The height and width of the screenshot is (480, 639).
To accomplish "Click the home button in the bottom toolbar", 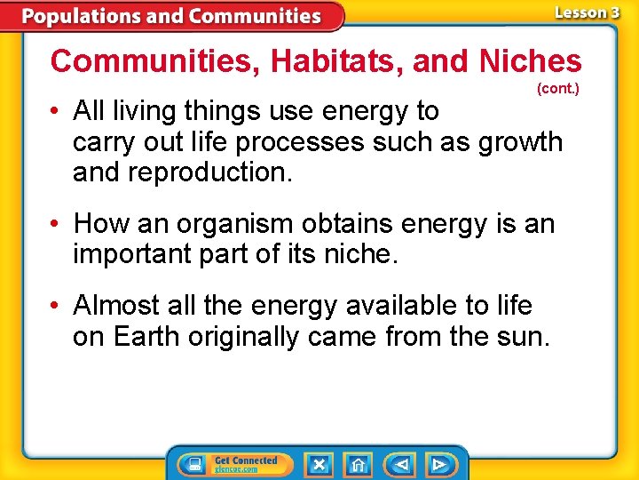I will pos(359,464).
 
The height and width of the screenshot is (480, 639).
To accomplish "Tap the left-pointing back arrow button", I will pos(400,464).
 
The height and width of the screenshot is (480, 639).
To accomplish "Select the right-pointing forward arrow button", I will pos(438,464).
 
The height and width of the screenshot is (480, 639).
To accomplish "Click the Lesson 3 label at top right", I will pos(587,12).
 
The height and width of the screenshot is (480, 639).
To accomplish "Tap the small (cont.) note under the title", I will pos(557,89).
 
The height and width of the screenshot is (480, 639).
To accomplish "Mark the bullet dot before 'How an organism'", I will pos(55,224).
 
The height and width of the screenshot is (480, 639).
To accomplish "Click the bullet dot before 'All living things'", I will pos(55,111).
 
